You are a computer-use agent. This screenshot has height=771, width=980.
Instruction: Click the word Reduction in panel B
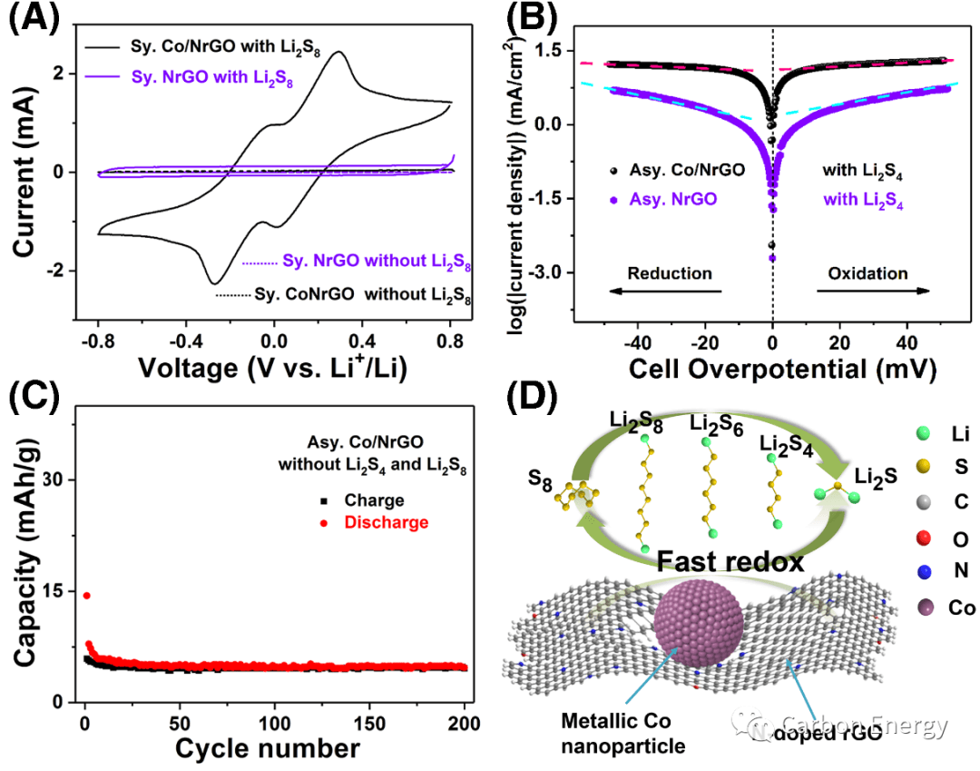click(669, 273)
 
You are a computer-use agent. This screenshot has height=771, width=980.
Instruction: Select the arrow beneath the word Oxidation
click(873, 292)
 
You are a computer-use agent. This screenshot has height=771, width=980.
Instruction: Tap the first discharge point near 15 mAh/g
click(86, 596)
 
